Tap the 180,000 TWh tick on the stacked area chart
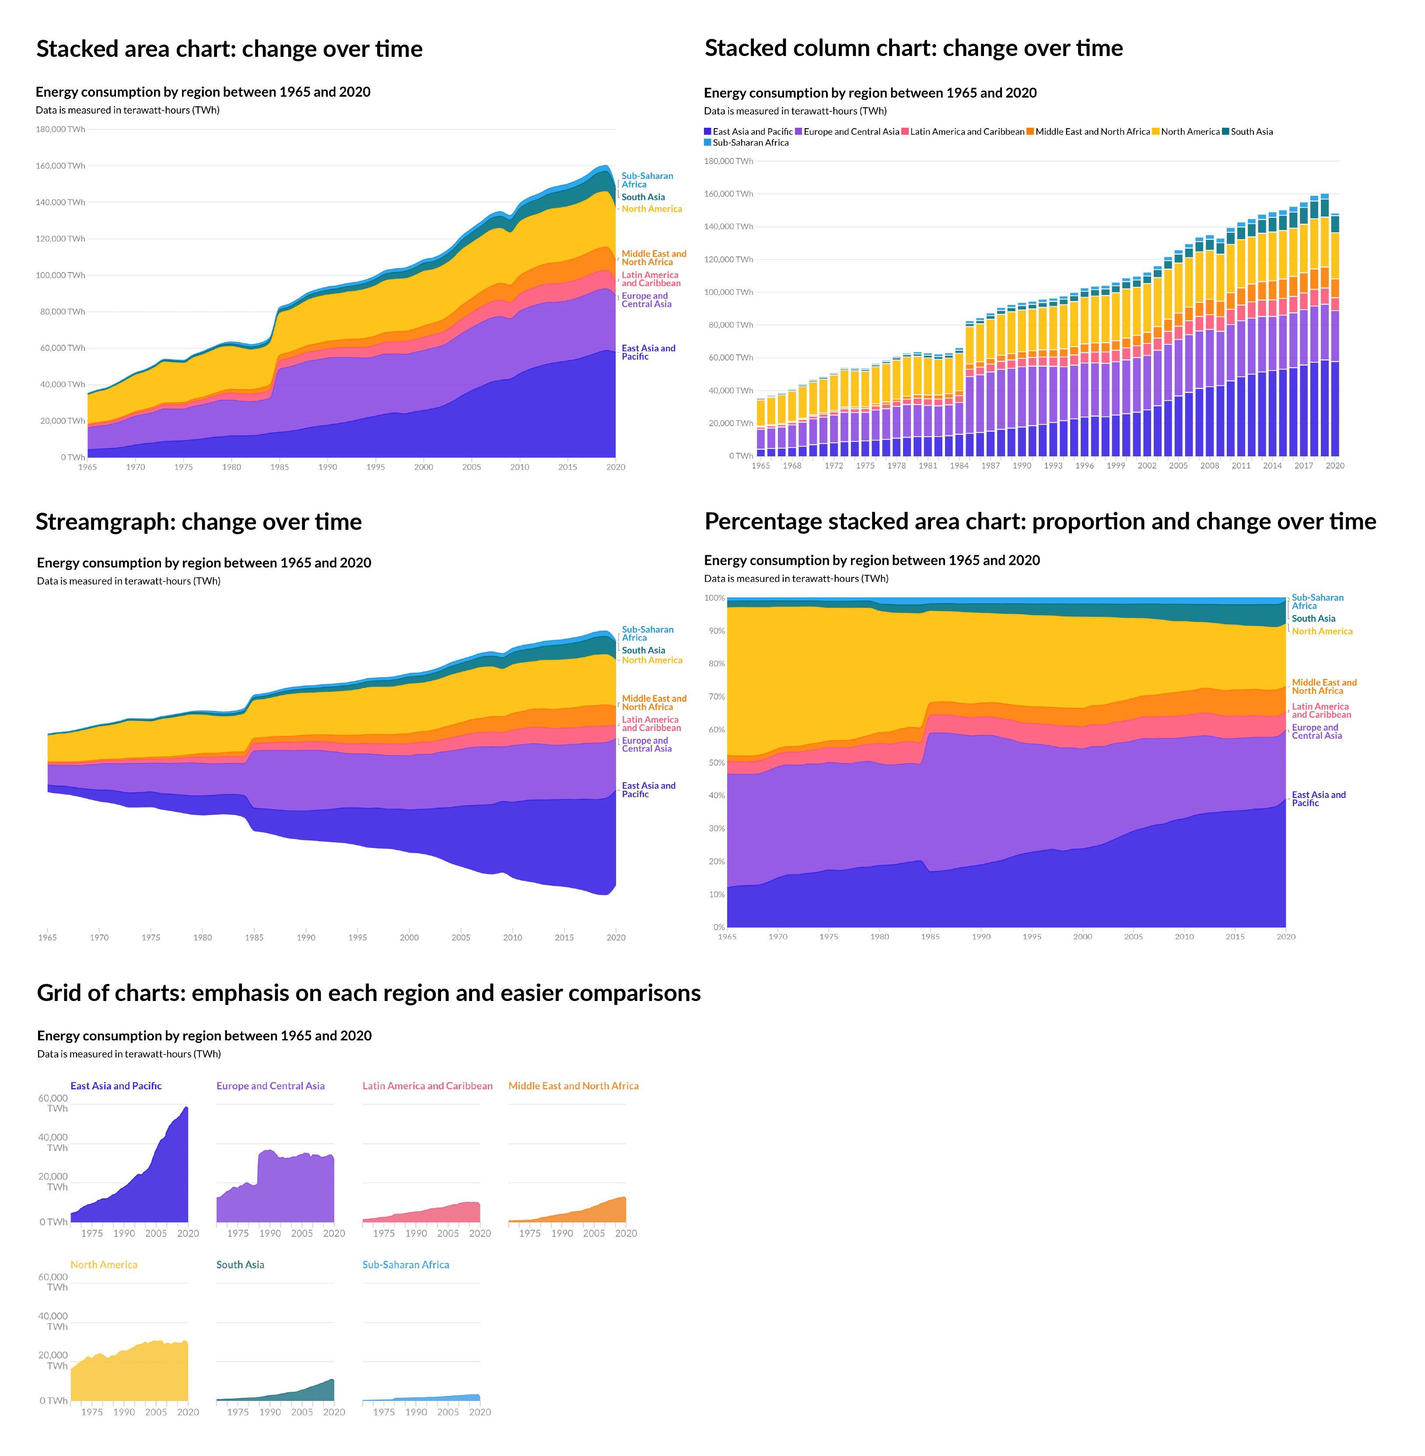coord(61,129)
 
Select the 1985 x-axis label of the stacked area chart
coord(279,467)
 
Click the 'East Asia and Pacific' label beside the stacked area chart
coord(648,352)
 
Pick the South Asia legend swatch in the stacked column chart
coord(1226,132)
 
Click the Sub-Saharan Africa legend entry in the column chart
coord(750,143)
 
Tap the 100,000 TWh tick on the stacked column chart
coord(728,293)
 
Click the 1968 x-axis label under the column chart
coord(792,465)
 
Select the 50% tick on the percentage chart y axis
coord(715,763)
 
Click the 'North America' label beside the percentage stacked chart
coord(1322,631)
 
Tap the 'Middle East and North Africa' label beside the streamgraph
coord(653,703)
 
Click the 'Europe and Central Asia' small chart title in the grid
coord(270,1085)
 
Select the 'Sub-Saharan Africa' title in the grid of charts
coord(406,1264)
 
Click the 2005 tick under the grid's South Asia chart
coord(301,1412)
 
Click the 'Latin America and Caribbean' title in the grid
coord(427,1085)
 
